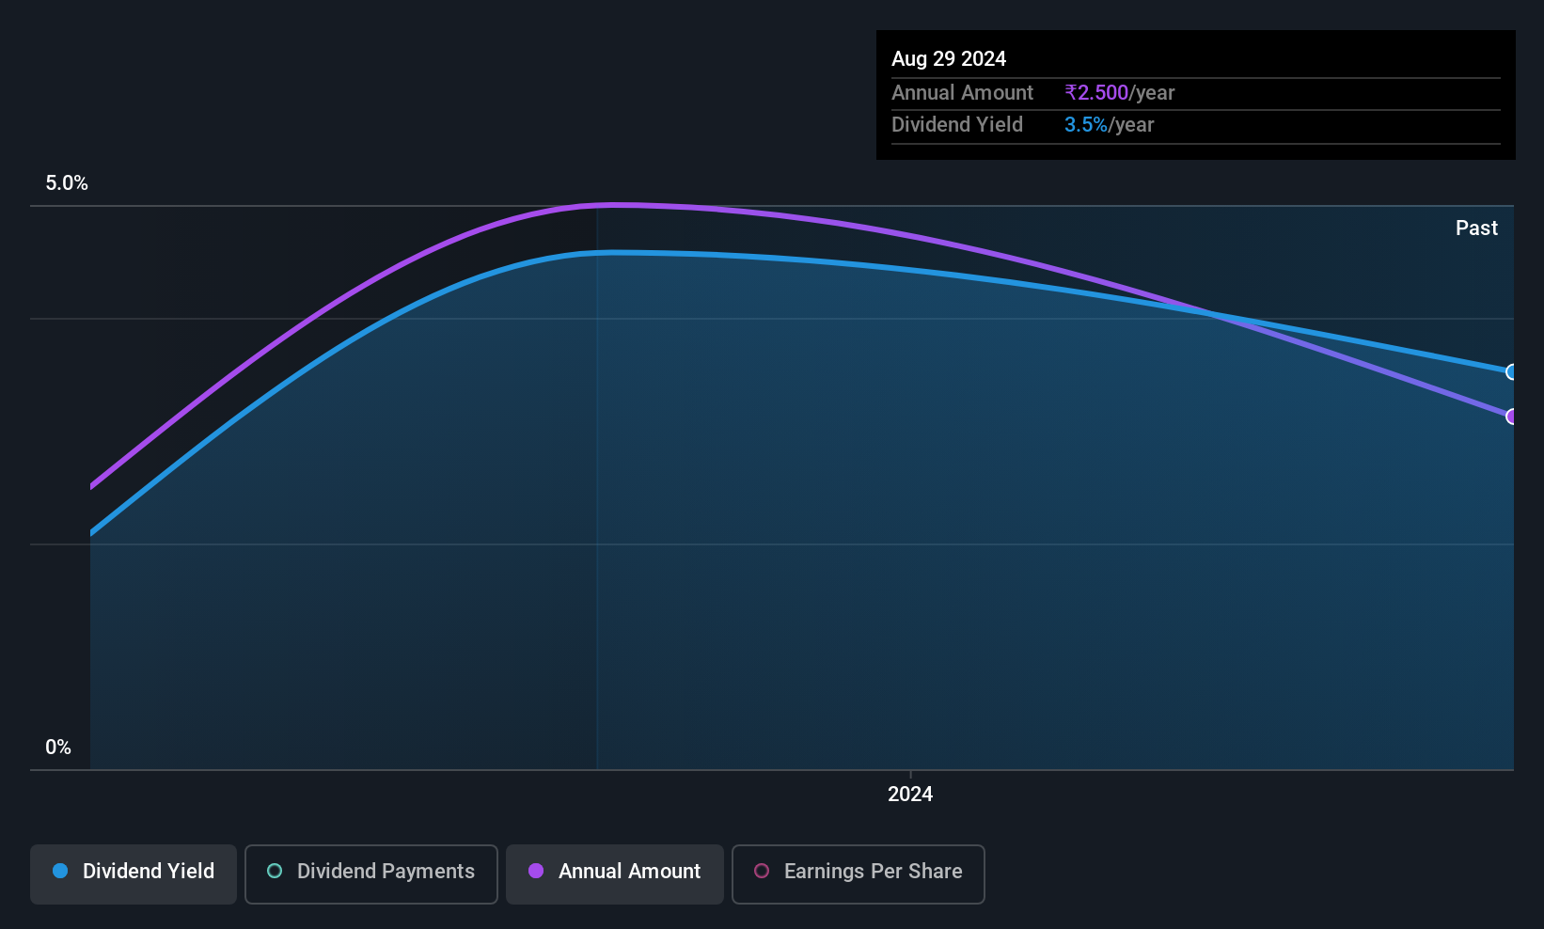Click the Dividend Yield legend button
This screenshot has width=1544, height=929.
(x=133, y=874)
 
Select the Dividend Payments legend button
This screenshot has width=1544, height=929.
(x=370, y=874)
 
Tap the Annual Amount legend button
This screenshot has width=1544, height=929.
(x=615, y=874)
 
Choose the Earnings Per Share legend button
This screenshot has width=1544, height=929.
(x=859, y=874)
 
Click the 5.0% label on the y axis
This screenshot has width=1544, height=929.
(x=67, y=183)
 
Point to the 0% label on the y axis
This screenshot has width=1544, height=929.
(x=58, y=748)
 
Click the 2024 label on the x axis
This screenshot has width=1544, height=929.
(x=910, y=794)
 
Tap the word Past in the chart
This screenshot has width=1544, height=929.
(x=1476, y=228)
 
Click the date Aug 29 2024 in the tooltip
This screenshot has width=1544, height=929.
(x=949, y=59)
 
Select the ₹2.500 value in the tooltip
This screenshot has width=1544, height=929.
(x=1096, y=92)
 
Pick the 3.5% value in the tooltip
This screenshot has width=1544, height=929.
(x=1086, y=125)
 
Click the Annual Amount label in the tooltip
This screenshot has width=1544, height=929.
(x=962, y=92)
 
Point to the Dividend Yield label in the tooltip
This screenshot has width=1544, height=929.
(x=956, y=125)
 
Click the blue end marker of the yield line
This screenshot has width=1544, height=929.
(x=1510, y=372)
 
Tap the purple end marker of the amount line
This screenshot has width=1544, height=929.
(x=1510, y=417)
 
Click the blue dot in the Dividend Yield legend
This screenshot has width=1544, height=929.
(x=61, y=871)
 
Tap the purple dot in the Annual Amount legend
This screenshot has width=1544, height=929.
(x=536, y=871)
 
